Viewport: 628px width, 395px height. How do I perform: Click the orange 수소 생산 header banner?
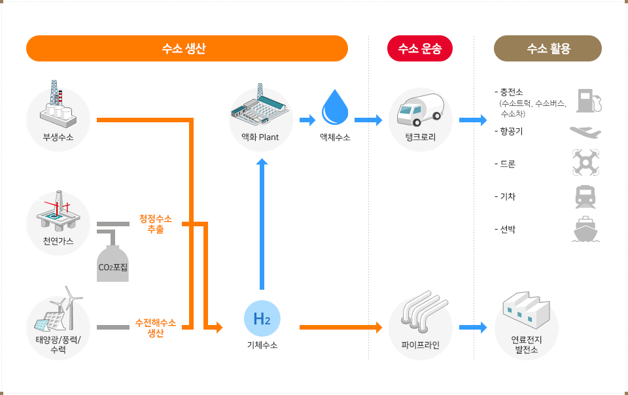point(186,48)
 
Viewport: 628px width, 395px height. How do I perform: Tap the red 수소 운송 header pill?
point(420,48)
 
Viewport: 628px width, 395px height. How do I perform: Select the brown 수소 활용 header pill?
point(548,48)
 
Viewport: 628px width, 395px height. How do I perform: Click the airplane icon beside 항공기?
point(585,132)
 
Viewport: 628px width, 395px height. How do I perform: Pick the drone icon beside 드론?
point(585,162)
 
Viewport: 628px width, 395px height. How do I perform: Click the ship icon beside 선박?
point(585,230)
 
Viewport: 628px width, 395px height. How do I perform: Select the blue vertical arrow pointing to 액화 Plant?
point(262,222)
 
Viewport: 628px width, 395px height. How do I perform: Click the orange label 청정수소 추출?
point(160,224)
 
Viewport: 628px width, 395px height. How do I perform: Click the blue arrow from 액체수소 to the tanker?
point(368,120)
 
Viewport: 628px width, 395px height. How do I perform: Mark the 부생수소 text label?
point(58,137)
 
